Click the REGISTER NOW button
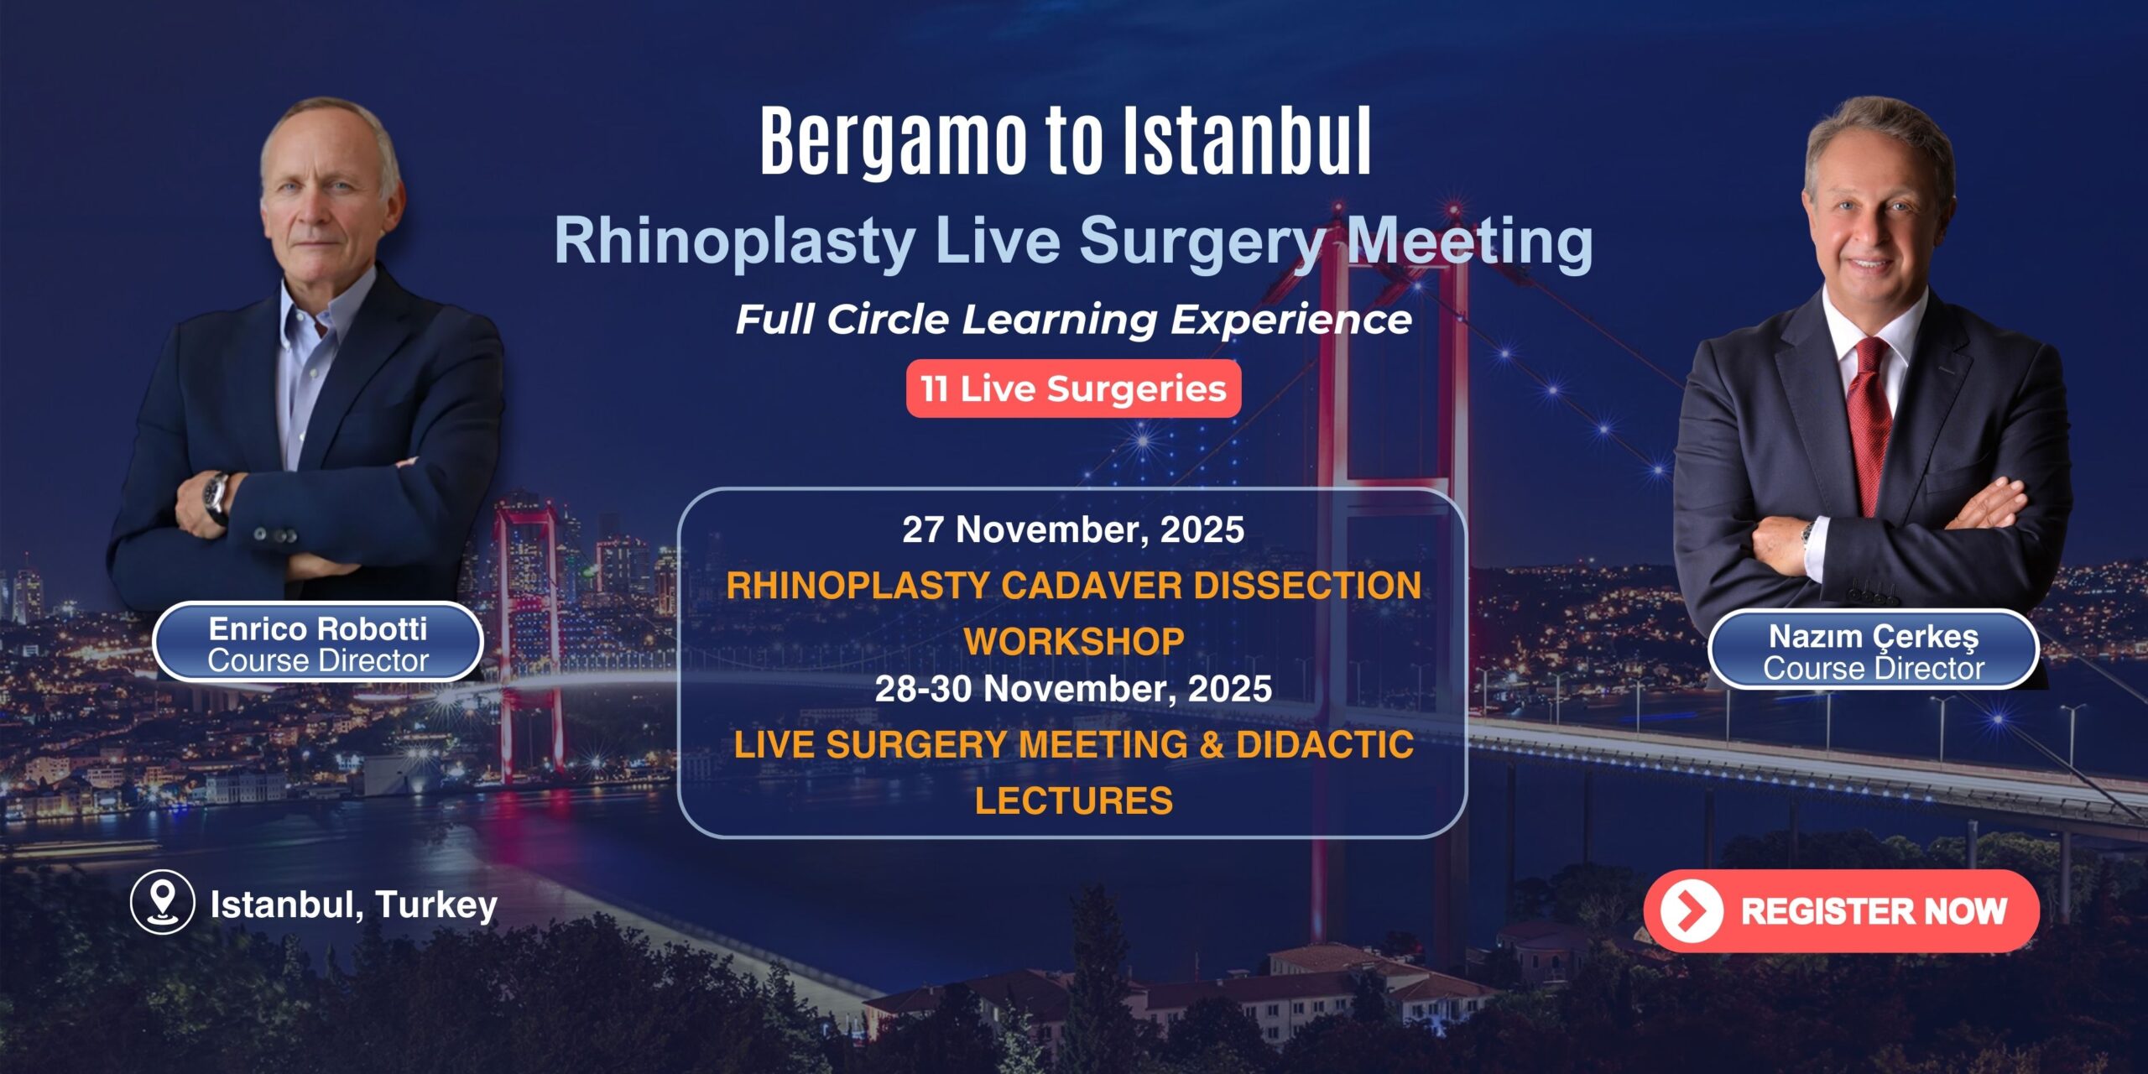click(1841, 911)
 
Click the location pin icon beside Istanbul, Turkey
click(162, 903)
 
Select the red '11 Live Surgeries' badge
click(1073, 388)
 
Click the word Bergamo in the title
click(894, 141)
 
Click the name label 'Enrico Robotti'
click(318, 628)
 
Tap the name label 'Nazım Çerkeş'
click(1874, 637)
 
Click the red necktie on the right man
click(1869, 420)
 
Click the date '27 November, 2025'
click(1073, 530)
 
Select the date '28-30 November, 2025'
click(1073, 689)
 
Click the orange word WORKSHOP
click(1074, 642)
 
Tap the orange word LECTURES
click(1074, 801)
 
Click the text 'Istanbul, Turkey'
click(353, 905)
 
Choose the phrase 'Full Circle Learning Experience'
click(1074, 320)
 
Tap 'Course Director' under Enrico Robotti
click(318, 661)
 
